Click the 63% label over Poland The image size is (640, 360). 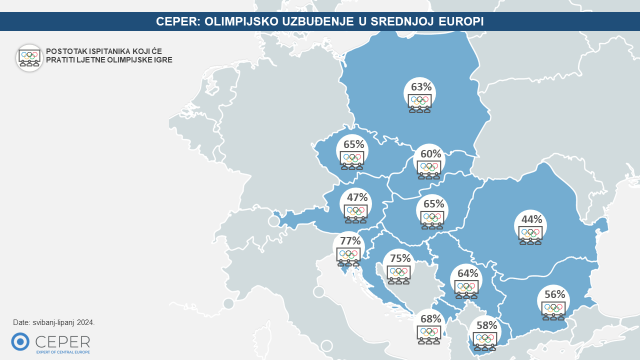pyautogui.click(x=421, y=86)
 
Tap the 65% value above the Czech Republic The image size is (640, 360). pyautogui.click(x=353, y=144)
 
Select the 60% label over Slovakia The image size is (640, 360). pyautogui.click(x=431, y=154)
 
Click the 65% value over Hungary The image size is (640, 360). pyautogui.click(x=433, y=204)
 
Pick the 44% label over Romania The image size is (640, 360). pyautogui.click(x=530, y=219)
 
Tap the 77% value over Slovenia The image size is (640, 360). pyautogui.click(x=349, y=241)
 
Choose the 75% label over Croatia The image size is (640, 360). pyautogui.click(x=400, y=258)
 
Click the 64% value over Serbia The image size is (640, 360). pyautogui.click(x=468, y=273)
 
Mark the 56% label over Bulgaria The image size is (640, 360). pyautogui.click(x=555, y=295)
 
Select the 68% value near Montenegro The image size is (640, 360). pyautogui.click(x=431, y=319)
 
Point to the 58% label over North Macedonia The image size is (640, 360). pyautogui.click(x=486, y=326)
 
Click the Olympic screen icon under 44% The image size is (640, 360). pyautogui.click(x=530, y=235)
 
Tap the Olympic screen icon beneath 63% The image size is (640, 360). pyautogui.click(x=421, y=102)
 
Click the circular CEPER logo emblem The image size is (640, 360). pyautogui.click(x=19, y=343)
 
